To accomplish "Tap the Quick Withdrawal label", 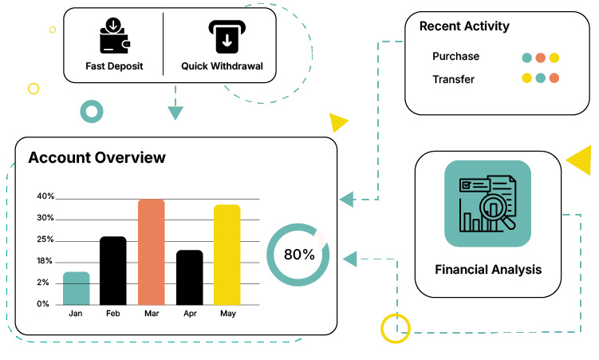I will click(222, 66).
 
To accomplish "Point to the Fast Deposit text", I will click(114, 66).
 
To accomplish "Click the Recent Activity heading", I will click(464, 26).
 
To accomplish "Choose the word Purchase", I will click(455, 57).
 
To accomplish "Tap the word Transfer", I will click(453, 79).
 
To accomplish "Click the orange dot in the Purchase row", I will click(540, 57).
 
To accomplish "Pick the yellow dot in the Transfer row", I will click(526, 78).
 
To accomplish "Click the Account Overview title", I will click(97, 157).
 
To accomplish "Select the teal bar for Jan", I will click(76, 288).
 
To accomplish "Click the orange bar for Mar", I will click(151, 251).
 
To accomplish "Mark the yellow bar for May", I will click(227, 255).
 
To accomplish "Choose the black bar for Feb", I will click(113, 271).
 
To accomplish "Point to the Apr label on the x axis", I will click(190, 314).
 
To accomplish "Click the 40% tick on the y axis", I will click(45, 196).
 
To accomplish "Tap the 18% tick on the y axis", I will click(45, 261).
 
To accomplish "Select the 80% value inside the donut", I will click(299, 255).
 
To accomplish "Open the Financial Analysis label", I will click(487, 270).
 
